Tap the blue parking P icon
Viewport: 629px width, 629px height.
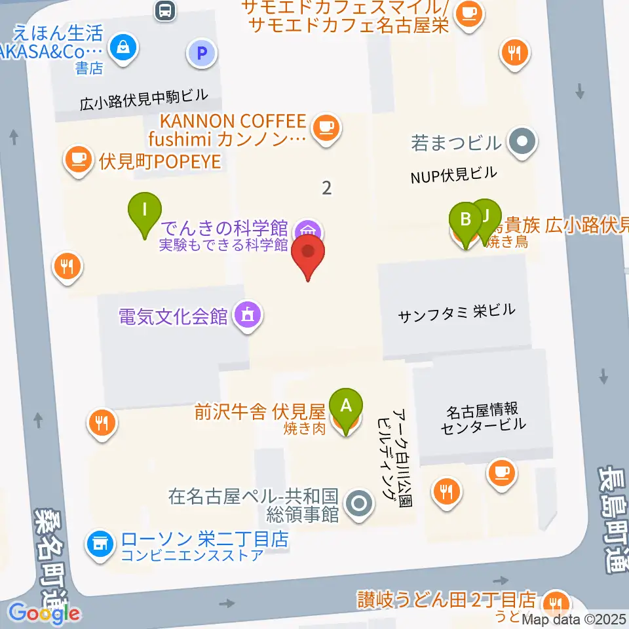click(202, 53)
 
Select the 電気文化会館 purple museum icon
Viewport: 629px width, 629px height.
click(247, 316)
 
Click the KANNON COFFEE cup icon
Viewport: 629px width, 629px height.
click(326, 127)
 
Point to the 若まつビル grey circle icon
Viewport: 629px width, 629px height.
click(522, 141)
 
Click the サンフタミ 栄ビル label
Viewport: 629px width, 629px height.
click(457, 313)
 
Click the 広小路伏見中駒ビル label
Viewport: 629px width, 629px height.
click(143, 98)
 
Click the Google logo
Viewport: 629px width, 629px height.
click(45, 614)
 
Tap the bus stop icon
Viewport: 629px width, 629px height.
click(165, 9)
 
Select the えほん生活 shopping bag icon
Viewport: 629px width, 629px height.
click(122, 47)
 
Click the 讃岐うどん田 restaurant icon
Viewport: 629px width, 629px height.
click(557, 601)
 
